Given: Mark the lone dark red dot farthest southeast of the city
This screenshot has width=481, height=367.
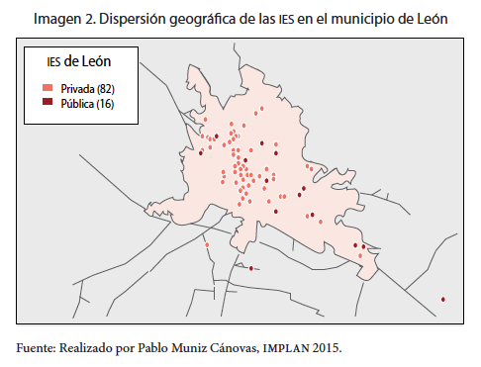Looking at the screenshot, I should pyautogui.click(x=443, y=300).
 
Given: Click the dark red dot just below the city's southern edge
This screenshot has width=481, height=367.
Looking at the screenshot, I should pyautogui.click(x=251, y=268).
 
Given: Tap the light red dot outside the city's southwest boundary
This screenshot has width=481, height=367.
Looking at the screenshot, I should pyautogui.click(x=208, y=244).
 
